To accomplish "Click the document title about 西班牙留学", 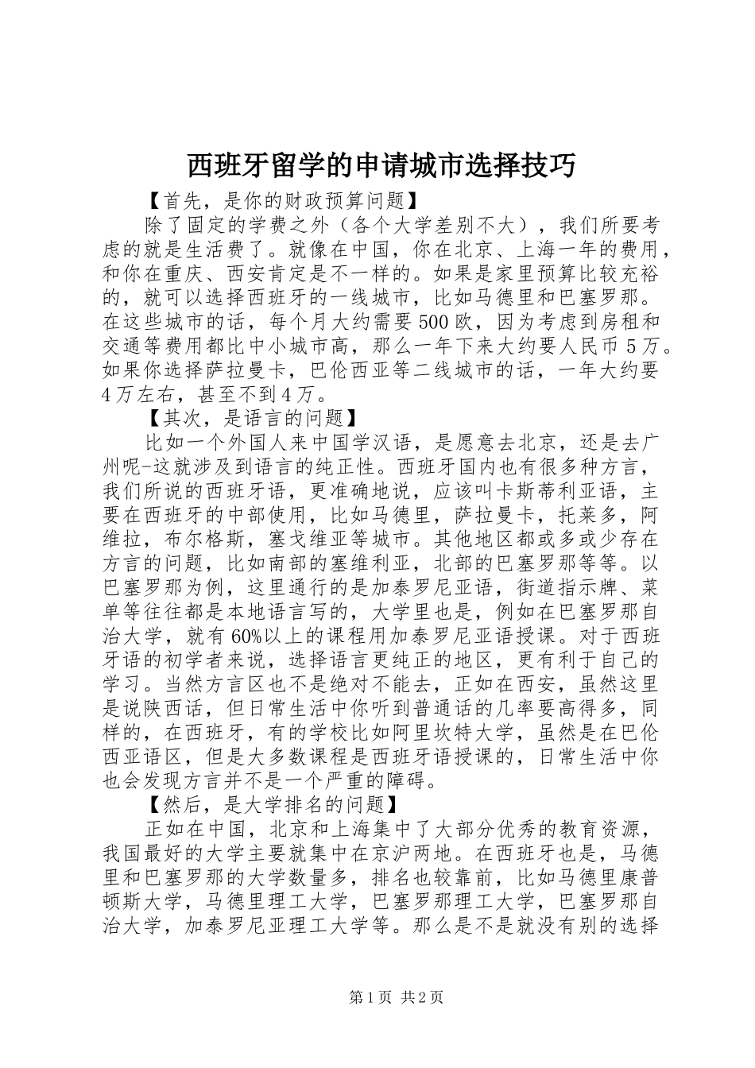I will [x=381, y=165].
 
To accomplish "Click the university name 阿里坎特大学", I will [x=460, y=732].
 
